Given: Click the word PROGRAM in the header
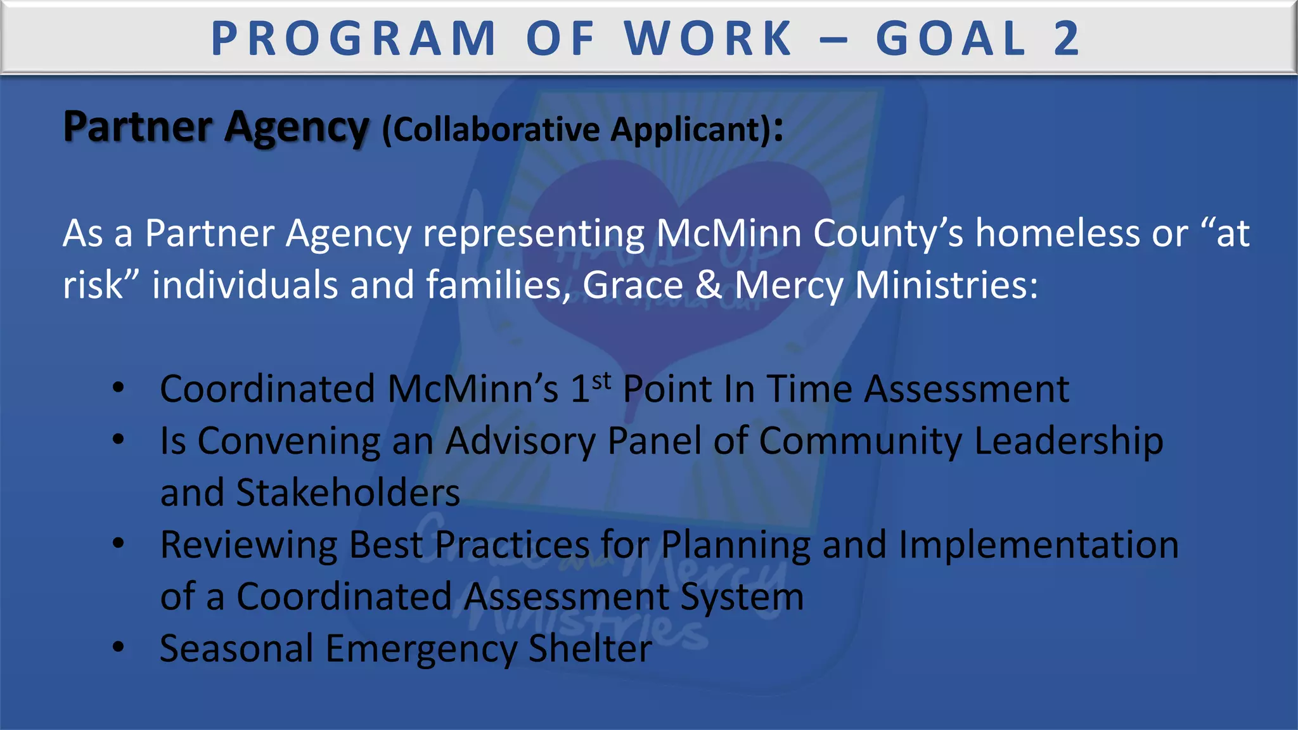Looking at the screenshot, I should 354,39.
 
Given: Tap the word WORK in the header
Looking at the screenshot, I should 709,39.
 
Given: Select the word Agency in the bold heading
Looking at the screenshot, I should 296,128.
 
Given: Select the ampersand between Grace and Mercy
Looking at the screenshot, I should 709,285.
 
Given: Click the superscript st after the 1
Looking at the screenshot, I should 602,381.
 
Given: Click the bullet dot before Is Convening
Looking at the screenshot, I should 119,439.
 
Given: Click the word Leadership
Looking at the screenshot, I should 1069,441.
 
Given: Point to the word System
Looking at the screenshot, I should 742,597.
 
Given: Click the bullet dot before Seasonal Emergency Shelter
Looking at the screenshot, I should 119,646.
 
